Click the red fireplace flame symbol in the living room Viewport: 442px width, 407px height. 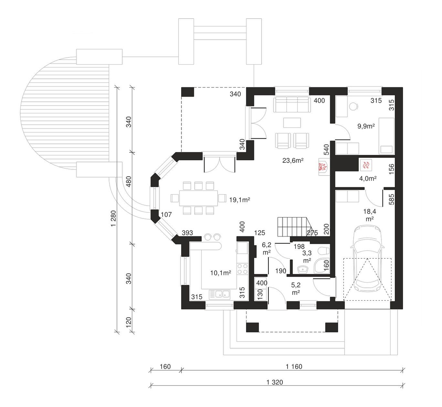pos(323,167)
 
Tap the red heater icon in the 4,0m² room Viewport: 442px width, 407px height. pos(366,165)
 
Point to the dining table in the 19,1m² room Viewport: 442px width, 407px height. pos(198,198)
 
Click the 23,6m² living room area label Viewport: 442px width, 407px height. pos(293,160)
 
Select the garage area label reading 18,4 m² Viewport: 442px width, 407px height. pos(370,215)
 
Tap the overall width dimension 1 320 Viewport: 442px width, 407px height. pos(275,382)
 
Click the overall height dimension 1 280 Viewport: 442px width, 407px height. pos(113,218)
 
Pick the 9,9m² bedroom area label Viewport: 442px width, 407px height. pos(366,126)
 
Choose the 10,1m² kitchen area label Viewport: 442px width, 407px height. pos(221,273)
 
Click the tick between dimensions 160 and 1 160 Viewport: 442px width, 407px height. pos(181,370)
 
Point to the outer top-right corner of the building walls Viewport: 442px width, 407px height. pos(403,87)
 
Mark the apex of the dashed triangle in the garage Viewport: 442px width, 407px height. pos(367,258)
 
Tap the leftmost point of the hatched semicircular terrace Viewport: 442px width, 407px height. pos(20,113)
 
